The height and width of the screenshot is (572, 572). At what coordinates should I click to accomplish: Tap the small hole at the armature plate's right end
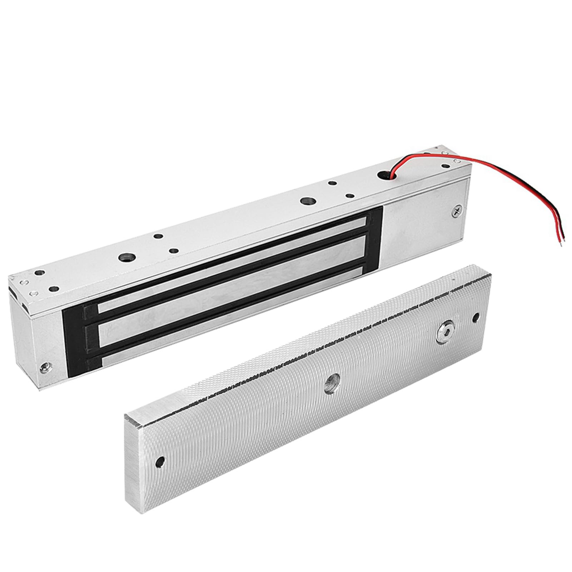(x=476, y=317)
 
